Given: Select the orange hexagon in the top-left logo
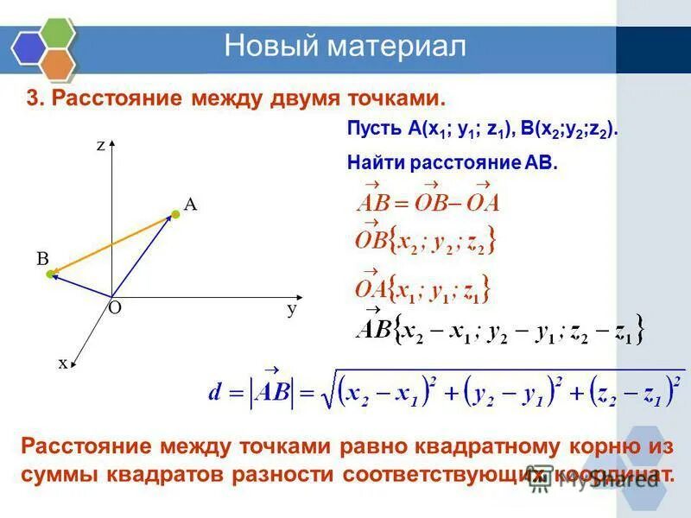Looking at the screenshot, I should click(x=57, y=62).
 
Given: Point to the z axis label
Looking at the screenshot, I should click(x=101, y=146).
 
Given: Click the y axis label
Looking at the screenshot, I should click(x=292, y=308).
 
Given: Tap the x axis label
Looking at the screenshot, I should click(x=63, y=363).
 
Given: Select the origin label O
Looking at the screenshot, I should click(x=114, y=307).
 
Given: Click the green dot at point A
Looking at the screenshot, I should click(x=174, y=213).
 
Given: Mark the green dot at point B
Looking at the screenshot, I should click(x=50, y=275).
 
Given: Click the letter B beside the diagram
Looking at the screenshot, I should click(x=41, y=257).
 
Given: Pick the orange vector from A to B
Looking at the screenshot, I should click(x=112, y=245).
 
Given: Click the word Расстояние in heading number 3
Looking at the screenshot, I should click(x=105, y=98).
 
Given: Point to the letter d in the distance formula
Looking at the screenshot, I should click(x=217, y=392).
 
